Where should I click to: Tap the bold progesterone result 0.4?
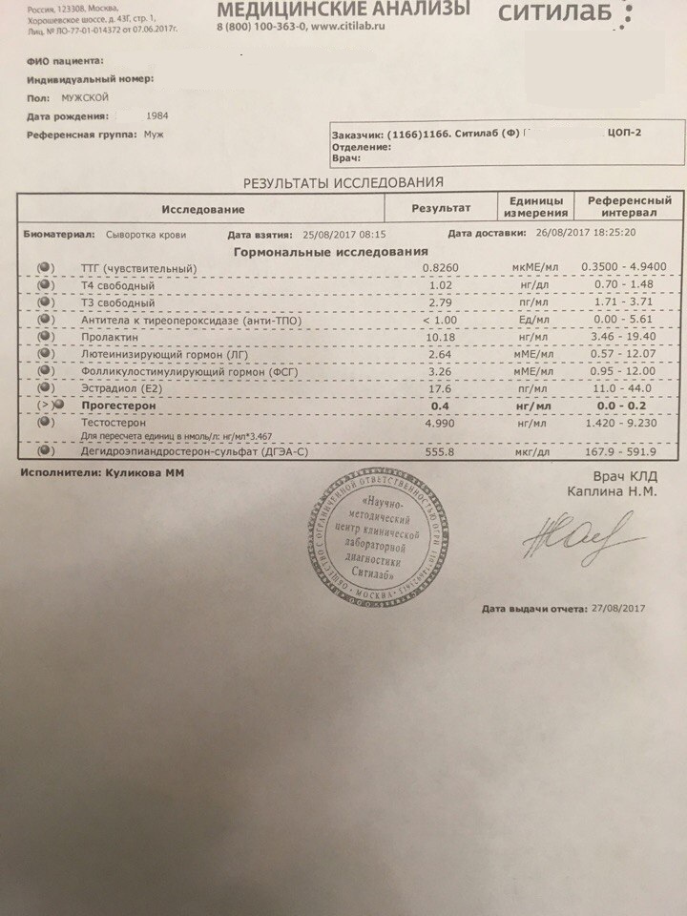(x=440, y=405)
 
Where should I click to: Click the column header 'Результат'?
(x=440, y=208)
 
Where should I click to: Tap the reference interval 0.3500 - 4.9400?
(x=630, y=268)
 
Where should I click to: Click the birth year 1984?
(x=158, y=114)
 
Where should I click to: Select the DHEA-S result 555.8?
(x=440, y=453)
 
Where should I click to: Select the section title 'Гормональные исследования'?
(x=330, y=252)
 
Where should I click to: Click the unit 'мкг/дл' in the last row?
(x=533, y=453)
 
